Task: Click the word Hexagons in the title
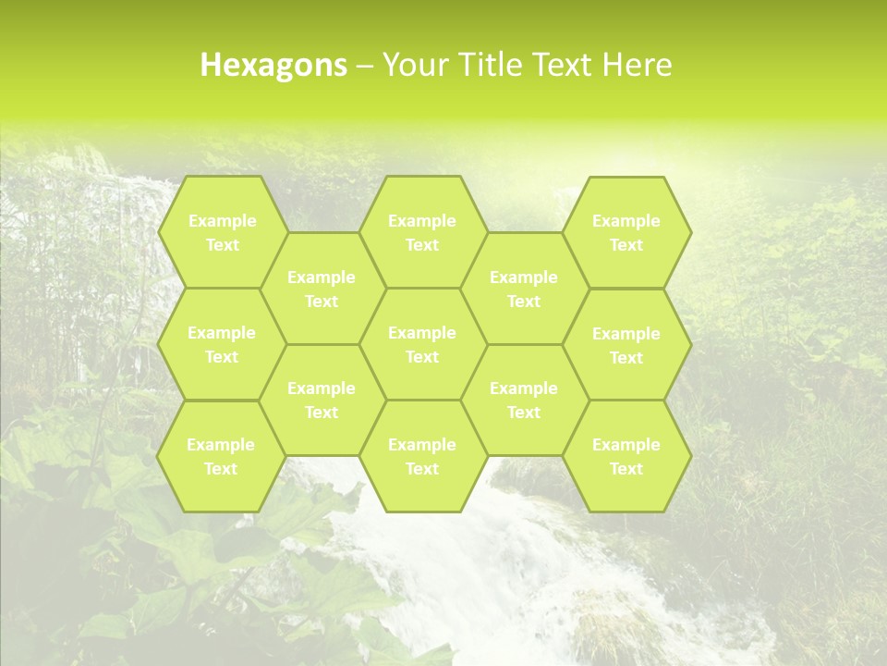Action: [273, 65]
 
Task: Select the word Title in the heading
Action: [494, 65]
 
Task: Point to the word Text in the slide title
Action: [565, 65]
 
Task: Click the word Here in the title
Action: [638, 65]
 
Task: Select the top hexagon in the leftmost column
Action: [222, 232]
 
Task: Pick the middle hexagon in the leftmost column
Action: [222, 344]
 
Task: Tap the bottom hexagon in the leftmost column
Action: [221, 456]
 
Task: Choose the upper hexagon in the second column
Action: [322, 289]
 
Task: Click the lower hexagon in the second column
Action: [322, 400]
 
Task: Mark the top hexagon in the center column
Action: [422, 232]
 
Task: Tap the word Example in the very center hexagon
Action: [422, 333]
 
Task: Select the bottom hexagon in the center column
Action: [422, 456]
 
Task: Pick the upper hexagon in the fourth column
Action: [524, 289]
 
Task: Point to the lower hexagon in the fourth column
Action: [524, 400]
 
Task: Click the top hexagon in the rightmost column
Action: [626, 232]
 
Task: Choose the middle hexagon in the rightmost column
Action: [626, 345]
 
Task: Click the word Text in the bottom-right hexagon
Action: [626, 469]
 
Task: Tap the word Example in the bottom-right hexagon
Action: [626, 445]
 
